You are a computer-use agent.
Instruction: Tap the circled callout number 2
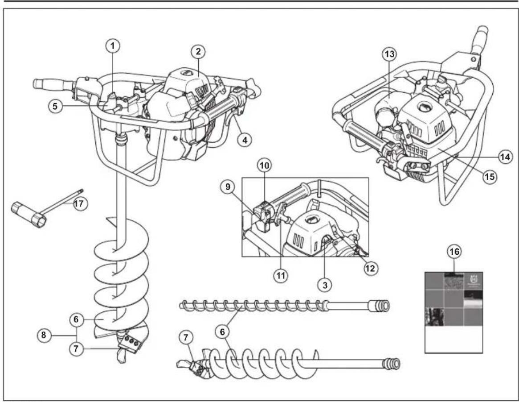(197, 51)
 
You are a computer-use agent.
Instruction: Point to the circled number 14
(505, 157)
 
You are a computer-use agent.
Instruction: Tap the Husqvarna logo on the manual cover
(473, 281)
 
